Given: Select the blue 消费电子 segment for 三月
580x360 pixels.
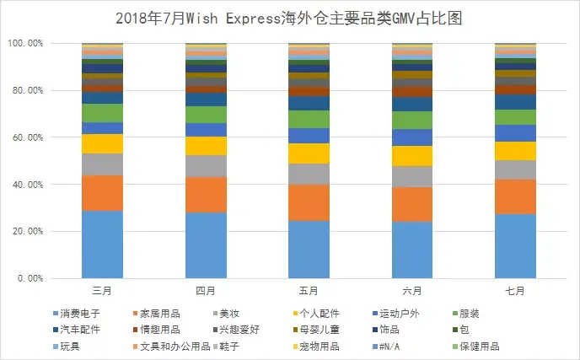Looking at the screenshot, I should point(102,244).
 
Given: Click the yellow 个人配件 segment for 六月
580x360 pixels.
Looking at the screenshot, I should point(412,156).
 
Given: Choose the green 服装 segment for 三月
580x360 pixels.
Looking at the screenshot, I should point(102,113).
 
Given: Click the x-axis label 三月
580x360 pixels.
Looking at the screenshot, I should point(102,291).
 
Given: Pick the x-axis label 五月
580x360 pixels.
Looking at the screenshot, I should point(309,291).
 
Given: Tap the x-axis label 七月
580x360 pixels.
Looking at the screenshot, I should point(515,291).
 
